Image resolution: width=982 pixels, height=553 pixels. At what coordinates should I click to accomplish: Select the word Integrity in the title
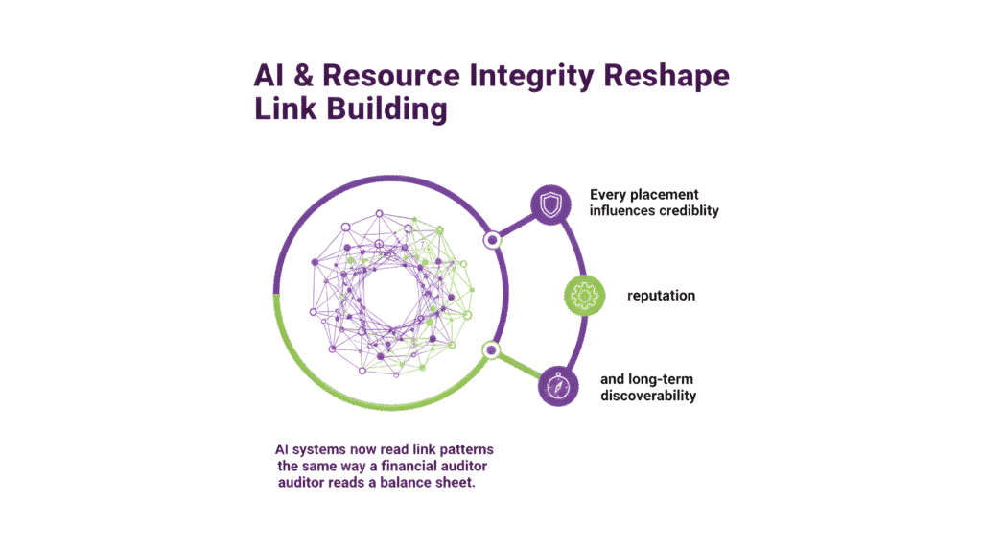[x=525, y=77]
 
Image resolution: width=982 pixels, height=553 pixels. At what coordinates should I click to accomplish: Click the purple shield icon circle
[x=550, y=204]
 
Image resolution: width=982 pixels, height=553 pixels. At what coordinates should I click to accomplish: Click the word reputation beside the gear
[x=661, y=296]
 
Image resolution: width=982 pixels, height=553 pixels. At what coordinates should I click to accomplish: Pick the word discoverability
[x=648, y=396]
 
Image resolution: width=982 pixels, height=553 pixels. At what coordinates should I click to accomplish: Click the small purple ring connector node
[x=492, y=240]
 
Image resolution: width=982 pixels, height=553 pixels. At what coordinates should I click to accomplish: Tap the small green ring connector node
[x=491, y=349]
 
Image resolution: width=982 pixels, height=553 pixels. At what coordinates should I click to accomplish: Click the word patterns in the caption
[x=458, y=449]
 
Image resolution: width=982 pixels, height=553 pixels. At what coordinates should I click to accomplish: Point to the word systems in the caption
[x=329, y=449]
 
